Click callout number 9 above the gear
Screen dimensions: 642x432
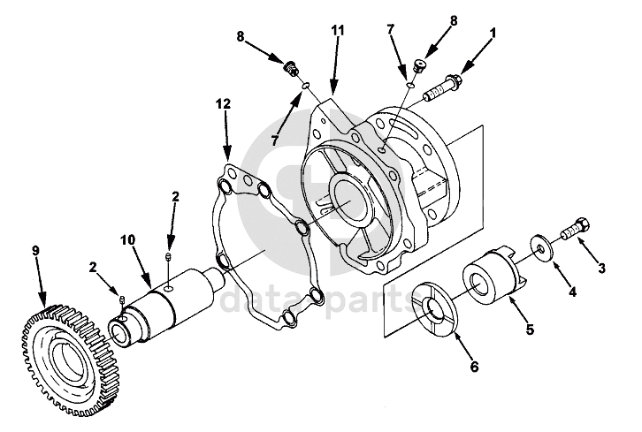(35, 250)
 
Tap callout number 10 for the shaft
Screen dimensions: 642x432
(127, 239)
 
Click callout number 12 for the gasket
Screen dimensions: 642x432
(223, 103)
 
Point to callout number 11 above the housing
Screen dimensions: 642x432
(338, 30)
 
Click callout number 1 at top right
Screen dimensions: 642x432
(493, 34)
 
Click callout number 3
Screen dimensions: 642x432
(601, 269)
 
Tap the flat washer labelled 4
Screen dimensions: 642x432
(542, 247)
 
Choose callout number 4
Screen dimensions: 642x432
(572, 292)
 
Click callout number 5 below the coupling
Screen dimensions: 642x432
(530, 329)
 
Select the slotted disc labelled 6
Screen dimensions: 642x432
(435, 309)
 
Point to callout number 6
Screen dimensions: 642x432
(474, 367)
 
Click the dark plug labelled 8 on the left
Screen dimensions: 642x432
(292, 67)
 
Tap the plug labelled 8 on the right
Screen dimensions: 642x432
(420, 65)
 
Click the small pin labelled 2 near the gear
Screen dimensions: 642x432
(121, 299)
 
